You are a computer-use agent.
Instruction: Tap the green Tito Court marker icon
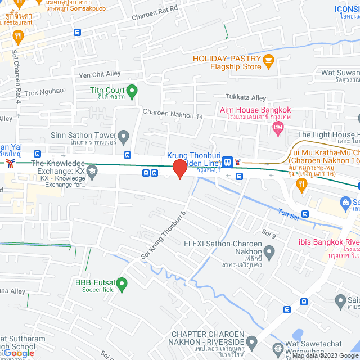pos(132,91)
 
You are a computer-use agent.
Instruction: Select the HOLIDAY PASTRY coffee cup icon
pos(268,58)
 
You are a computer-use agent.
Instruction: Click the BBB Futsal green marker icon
pos(123,286)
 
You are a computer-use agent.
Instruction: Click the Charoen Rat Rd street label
pos(155,13)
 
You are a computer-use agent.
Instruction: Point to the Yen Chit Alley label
pos(100,74)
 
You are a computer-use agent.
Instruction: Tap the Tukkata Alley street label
pos(246,97)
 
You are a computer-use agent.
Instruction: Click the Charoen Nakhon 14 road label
pos(172,114)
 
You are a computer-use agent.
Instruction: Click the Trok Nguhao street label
pos(44,91)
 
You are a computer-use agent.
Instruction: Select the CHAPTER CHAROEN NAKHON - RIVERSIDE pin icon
pos(252,341)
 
